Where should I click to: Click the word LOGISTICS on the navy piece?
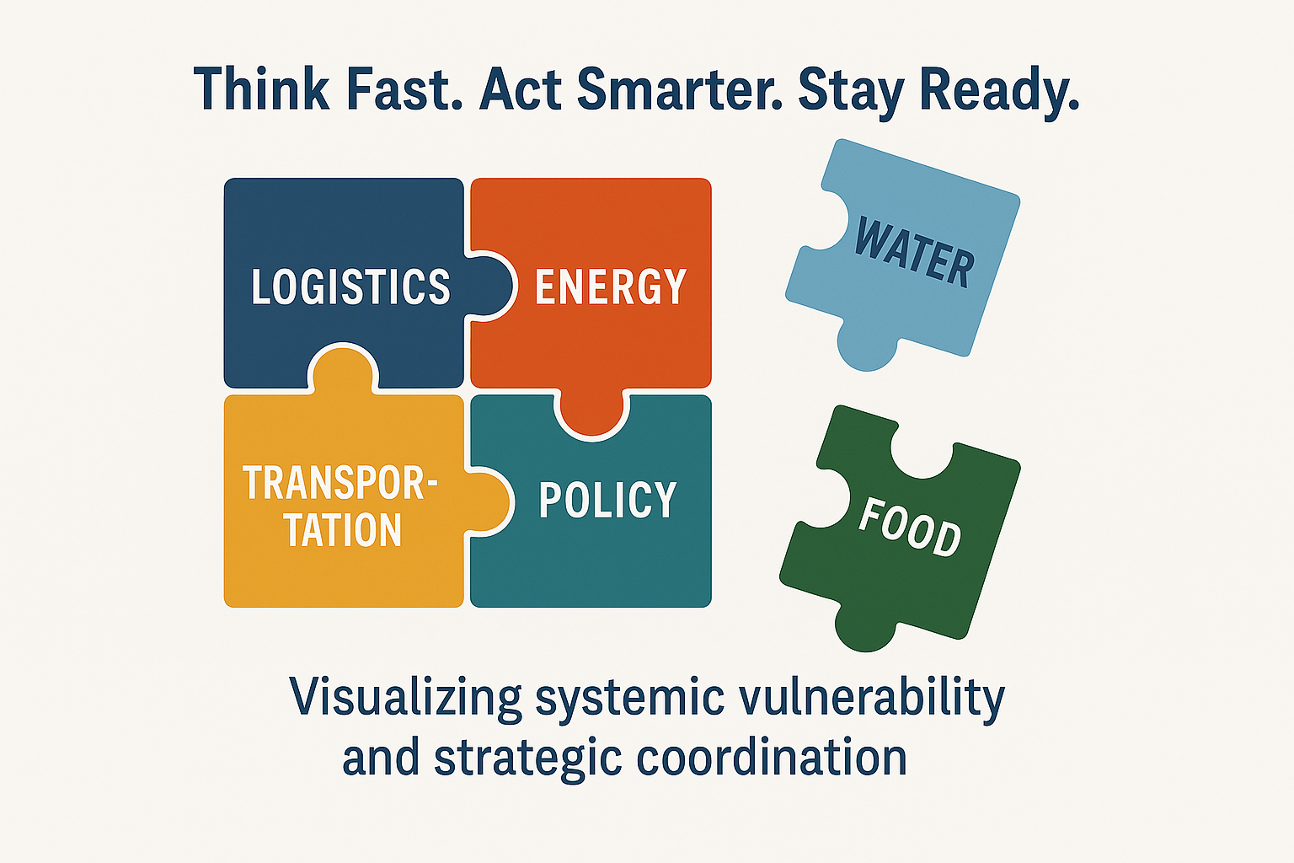point(350,287)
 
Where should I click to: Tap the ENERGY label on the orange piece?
point(611,287)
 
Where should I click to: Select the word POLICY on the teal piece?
point(607,500)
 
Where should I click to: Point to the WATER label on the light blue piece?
point(914,252)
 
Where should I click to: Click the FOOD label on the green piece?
point(910,528)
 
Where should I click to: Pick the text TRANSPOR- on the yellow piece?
point(340,483)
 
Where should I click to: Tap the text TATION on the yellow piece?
point(343,529)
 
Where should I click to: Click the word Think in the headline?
point(261,88)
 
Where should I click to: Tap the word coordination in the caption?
point(771,758)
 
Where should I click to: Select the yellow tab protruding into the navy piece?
point(343,370)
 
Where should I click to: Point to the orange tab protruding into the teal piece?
point(591,411)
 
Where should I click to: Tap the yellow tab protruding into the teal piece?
point(488,500)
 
